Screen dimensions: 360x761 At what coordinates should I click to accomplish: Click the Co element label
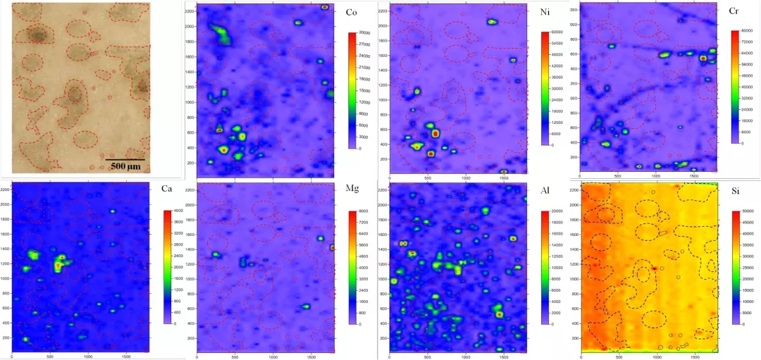click(x=351, y=13)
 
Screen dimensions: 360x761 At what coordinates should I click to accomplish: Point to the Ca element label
click(x=166, y=188)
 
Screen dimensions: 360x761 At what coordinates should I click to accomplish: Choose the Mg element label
click(x=351, y=189)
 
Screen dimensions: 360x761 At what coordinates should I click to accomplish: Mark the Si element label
click(x=734, y=189)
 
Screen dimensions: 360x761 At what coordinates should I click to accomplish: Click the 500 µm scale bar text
click(x=126, y=166)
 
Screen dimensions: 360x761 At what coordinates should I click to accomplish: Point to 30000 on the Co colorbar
click(x=366, y=32)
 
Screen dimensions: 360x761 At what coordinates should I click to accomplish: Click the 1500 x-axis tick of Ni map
click(x=504, y=178)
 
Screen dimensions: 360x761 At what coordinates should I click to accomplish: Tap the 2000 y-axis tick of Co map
click(x=189, y=26)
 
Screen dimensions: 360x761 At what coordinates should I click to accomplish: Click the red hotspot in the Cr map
click(x=703, y=58)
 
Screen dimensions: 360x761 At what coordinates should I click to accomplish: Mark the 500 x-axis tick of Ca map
click(x=51, y=357)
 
